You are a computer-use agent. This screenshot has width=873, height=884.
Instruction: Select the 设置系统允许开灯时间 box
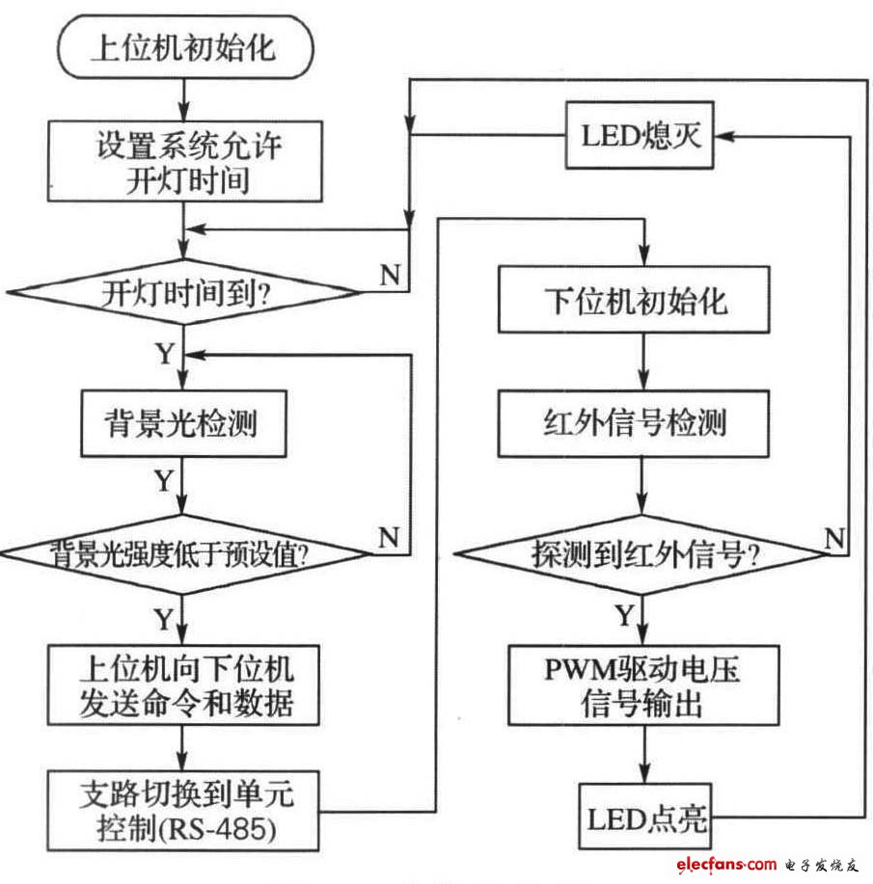coord(183,163)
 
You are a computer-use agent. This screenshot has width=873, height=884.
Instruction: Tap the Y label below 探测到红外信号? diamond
coord(624,614)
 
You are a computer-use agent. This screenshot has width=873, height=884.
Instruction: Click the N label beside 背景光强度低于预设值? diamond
coord(389,537)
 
